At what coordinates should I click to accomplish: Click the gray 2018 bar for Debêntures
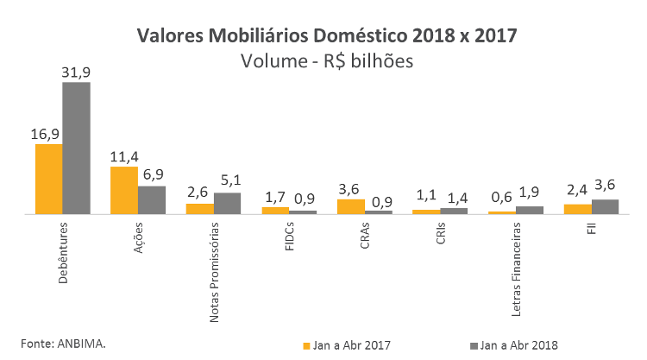click(76, 148)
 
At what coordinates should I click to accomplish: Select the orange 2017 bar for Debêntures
click(48, 179)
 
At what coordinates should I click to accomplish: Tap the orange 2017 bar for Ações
click(124, 190)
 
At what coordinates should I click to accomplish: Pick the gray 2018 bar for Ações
click(152, 199)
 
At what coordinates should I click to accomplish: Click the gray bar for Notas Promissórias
click(227, 203)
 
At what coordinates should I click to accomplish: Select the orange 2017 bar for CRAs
click(350, 206)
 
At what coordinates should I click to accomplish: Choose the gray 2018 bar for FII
click(605, 206)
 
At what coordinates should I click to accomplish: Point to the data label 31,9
click(76, 73)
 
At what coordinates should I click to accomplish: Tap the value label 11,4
click(124, 156)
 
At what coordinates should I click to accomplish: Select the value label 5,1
click(228, 181)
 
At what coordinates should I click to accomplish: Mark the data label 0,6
click(501, 196)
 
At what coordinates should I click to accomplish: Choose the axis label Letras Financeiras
click(516, 267)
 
